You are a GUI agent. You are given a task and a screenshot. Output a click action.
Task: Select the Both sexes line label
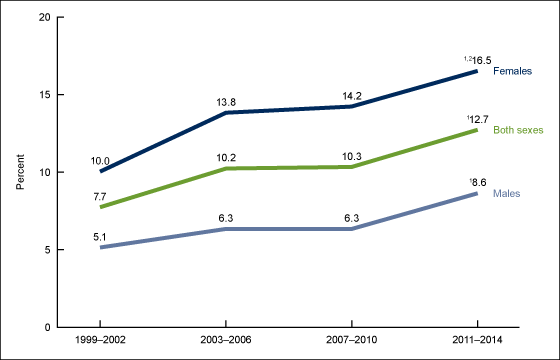515,133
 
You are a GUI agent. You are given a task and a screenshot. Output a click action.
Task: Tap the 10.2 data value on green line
225,128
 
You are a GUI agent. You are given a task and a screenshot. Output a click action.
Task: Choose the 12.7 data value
478,119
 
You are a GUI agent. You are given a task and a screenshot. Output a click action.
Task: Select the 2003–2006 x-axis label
225,341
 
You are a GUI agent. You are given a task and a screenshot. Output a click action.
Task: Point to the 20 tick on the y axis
43,18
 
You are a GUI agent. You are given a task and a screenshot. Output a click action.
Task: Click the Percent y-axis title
19,172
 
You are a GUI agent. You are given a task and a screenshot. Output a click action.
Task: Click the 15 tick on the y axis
43,95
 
